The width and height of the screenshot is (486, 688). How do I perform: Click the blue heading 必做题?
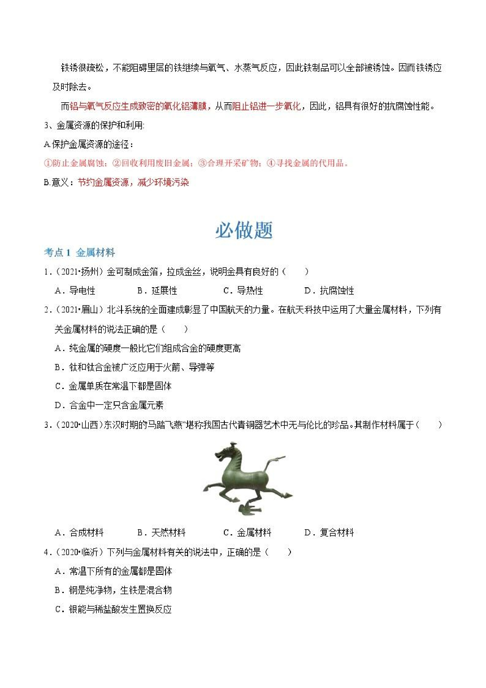click(x=244, y=230)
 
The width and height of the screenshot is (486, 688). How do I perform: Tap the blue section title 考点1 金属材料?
click(x=79, y=253)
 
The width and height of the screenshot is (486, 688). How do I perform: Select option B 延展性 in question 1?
click(x=157, y=290)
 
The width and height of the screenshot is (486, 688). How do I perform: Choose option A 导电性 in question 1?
click(x=75, y=290)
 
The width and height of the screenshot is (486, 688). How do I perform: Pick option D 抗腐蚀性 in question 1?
click(x=329, y=290)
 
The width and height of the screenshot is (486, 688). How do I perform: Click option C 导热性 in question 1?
click(x=243, y=290)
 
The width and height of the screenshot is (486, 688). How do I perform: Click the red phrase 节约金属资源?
click(x=103, y=182)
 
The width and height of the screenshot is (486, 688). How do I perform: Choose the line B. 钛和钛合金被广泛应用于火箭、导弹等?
click(x=135, y=367)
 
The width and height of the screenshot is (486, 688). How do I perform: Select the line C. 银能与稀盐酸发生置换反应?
click(x=114, y=609)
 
